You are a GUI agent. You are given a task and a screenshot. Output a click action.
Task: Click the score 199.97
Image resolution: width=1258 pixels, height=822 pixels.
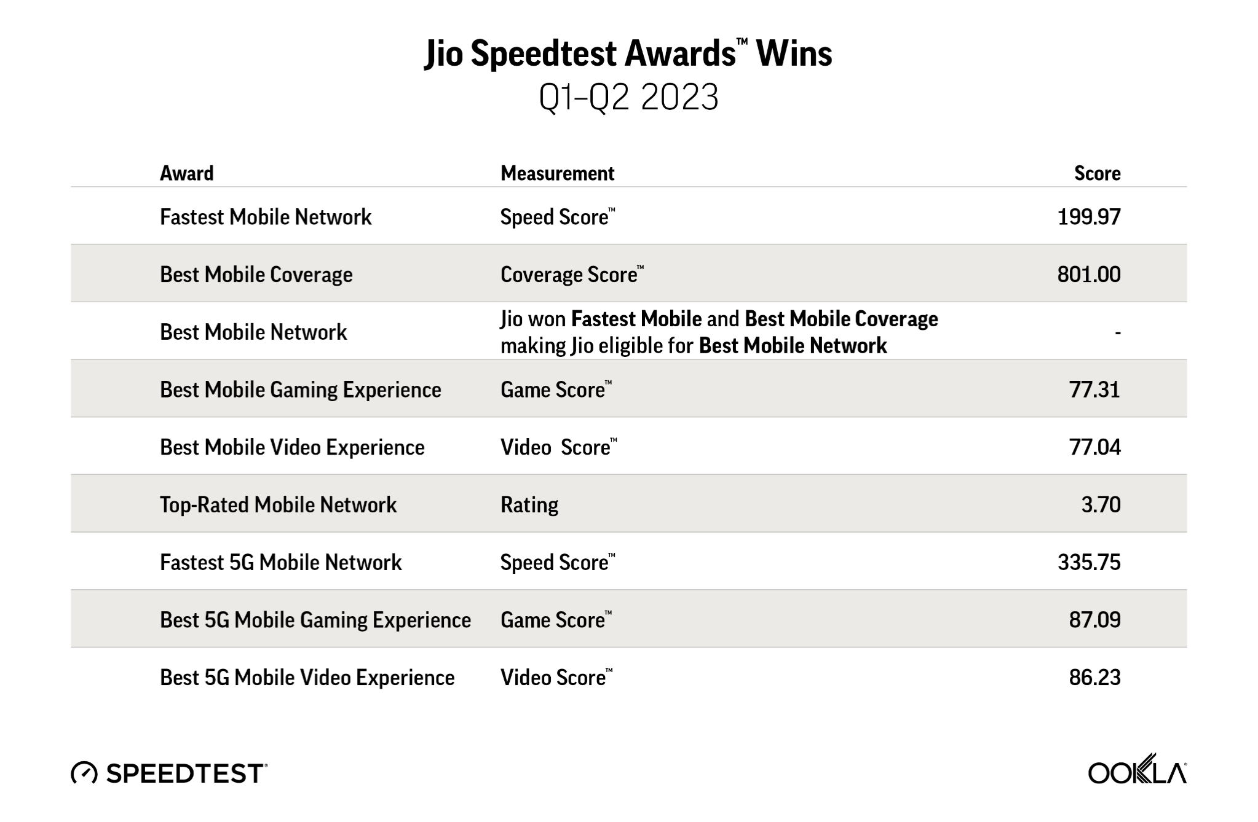click(x=1089, y=217)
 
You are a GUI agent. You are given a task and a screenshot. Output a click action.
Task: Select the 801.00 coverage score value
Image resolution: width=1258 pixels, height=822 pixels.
click(x=1089, y=275)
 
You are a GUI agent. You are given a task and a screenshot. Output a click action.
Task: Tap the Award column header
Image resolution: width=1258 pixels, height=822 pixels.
click(x=187, y=173)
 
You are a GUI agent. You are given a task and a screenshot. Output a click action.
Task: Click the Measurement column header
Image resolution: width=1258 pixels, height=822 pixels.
click(x=558, y=173)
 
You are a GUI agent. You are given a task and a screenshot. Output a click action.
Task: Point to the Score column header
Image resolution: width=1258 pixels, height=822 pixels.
click(x=1098, y=173)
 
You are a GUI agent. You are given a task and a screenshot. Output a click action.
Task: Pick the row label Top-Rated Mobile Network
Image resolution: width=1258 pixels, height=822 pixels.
click(x=279, y=505)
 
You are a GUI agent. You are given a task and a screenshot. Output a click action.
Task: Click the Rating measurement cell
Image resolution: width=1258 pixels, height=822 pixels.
click(x=529, y=505)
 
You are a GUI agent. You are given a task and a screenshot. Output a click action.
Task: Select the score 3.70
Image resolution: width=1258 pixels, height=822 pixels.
click(x=1101, y=505)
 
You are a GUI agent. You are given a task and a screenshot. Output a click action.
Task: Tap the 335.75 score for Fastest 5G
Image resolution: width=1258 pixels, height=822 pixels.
click(x=1089, y=562)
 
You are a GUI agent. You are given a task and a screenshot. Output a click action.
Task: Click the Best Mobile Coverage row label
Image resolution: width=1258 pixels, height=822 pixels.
click(x=256, y=275)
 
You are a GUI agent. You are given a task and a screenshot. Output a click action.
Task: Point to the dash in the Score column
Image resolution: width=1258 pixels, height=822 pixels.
click(x=1118, y=333)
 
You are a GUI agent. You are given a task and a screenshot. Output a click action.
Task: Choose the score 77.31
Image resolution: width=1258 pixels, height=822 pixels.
click(x=1095, y=389)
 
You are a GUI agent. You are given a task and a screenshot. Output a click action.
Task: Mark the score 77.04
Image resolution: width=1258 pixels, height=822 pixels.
click(x=1095, y=447)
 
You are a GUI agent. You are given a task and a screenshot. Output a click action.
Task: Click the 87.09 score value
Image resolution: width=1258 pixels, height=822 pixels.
click(x=1095, y=620)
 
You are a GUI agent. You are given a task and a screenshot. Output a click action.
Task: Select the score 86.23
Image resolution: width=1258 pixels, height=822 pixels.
click(x=1095, y=678)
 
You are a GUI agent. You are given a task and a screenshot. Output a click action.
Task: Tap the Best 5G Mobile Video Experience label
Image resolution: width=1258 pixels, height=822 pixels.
click(x=307, y=678)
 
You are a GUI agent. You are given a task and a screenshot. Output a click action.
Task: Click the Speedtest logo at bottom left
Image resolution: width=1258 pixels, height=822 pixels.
click(x=169, y=773)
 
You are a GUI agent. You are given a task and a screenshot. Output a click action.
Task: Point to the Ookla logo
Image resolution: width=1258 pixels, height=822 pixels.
click(x=1137, y=769)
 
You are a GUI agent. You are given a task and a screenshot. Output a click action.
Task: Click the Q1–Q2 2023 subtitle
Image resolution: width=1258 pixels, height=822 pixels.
click(x=628, y=97)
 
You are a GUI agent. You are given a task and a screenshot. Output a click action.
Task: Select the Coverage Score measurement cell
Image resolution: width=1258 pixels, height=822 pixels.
click(x=572, y=275)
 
